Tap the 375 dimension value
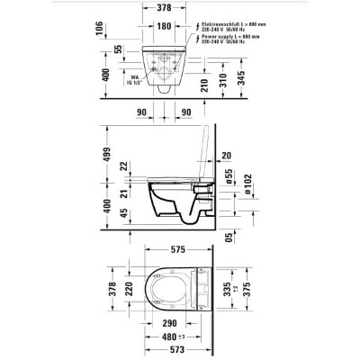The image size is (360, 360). tap(262, 293)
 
